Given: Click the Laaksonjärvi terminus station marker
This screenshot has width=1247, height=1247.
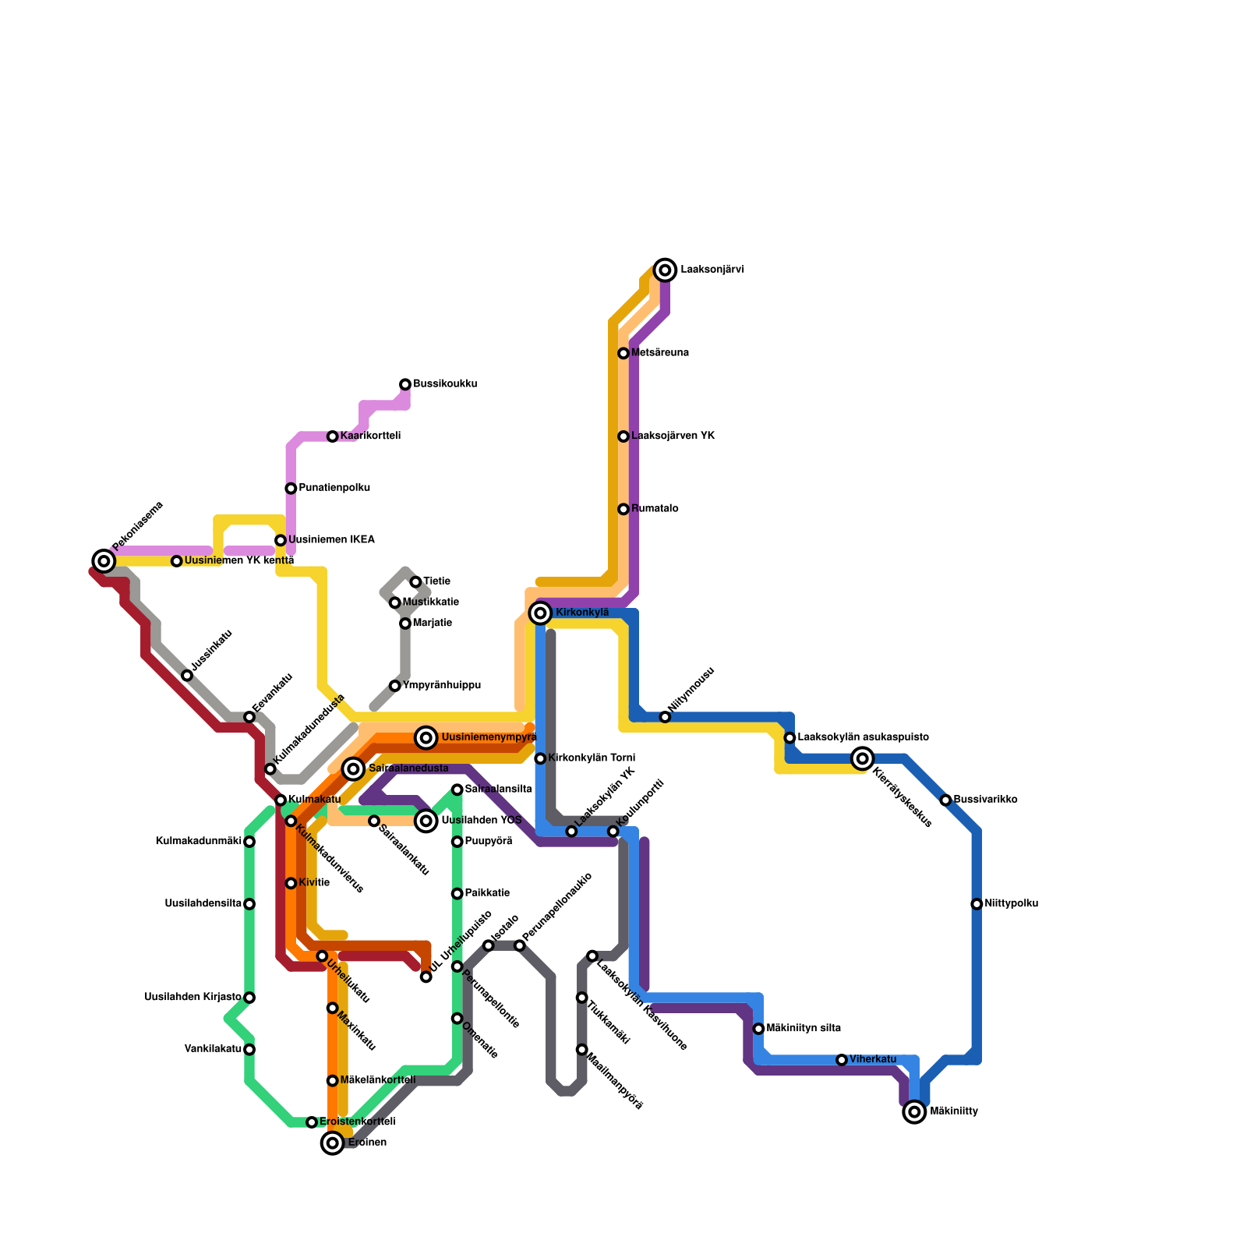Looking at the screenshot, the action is point(665,270).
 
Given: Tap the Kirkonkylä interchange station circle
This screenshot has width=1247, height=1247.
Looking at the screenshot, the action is point(540,613).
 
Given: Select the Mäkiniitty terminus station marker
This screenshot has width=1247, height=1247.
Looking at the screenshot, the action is point(914,1111).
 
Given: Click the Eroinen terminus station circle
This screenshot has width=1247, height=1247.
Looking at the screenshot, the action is point(333,1143).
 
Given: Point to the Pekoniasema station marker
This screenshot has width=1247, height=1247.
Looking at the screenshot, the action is point(104,560).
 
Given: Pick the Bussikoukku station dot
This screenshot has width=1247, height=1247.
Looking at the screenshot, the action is point(405,384).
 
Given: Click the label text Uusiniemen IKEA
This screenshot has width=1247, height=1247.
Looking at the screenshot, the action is point(331,540).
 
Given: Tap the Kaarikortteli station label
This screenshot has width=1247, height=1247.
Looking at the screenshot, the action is point(370,436).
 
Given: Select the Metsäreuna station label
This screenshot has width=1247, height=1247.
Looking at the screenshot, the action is point(659,353).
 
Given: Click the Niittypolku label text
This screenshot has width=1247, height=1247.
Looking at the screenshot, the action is point(1011,904).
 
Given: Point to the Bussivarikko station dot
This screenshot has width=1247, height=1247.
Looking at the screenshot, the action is point(945,800).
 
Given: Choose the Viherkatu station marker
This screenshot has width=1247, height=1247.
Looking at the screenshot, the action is point(842,1060).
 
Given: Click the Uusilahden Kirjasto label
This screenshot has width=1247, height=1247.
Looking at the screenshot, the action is point(193,998).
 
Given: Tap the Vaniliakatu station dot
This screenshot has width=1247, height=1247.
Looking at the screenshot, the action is point(249,1049).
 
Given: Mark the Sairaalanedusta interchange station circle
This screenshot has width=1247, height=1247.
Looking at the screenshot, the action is point(354,769).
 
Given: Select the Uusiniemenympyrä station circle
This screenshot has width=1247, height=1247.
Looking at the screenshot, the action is point(426,737).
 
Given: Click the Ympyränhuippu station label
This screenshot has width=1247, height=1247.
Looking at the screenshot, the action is point(441,686).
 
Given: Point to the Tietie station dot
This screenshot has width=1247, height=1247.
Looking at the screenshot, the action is point(415,582).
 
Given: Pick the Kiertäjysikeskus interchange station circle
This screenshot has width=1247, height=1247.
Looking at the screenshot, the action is point(862,758).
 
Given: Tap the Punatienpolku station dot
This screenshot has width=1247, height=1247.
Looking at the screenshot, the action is point(291,489).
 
